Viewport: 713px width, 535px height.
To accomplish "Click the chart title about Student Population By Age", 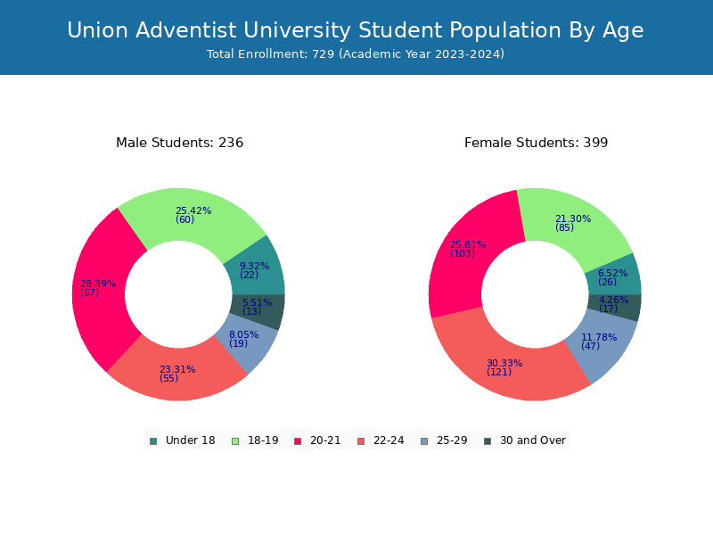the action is coord(356,30).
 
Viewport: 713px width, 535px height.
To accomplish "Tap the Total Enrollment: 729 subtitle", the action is coord(356,54).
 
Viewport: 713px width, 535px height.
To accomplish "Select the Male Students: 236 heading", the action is coord(180,143).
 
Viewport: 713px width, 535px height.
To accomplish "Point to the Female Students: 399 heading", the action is coord(537,143).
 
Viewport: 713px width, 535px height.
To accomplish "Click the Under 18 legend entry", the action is coord(182,440).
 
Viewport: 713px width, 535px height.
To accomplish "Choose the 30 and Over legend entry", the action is coord(525,440).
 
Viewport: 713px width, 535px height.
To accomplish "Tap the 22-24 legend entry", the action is coord(381,440).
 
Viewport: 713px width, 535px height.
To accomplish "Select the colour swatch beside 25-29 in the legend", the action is coord(424,441).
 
